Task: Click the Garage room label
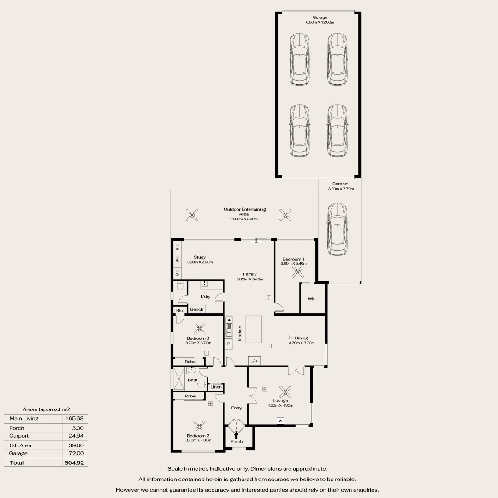(x=319, y=18)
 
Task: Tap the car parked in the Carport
(x=337, y=230)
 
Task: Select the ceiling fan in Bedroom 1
(x=295, y=272)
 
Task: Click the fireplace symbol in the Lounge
(x=279, y=420)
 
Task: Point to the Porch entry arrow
(x=237, y=433)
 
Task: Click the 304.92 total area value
(x=74, y=462)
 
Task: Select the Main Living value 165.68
(x=74, y=418)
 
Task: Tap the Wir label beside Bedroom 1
(x=311, y=299)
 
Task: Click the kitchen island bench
(x=256, y=329)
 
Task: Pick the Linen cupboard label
(x=216, y=387)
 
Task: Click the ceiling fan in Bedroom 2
(x=199, y=426)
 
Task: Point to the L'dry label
(x=206, y=296)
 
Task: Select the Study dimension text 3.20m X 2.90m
(x=200, y=262)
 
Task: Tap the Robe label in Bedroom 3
(x=190, y=362)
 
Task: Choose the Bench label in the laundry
(x=197, y=309)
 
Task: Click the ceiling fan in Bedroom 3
(x=199, y=328)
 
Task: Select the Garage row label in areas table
(x=18, y=453)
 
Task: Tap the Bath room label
(x=192, y=380)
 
